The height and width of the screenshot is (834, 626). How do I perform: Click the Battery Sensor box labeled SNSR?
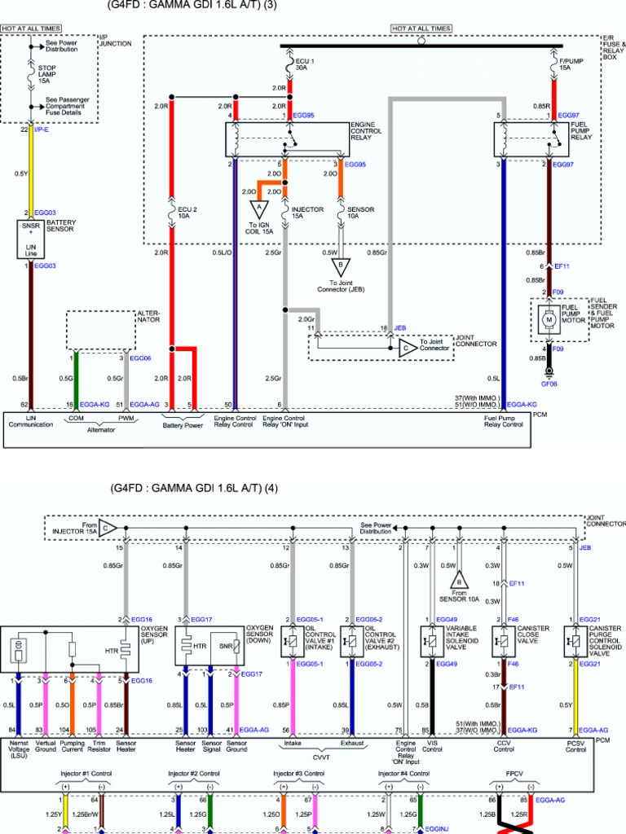coord(31,237)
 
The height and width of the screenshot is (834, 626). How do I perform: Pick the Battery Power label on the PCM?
coord(183,424)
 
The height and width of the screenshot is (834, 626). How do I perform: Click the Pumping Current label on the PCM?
coord(72,747)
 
